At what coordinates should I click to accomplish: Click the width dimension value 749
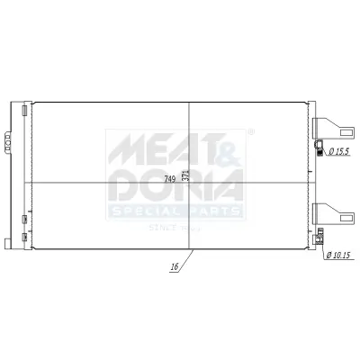tap(170, 177)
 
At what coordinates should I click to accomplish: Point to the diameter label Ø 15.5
tap(338, 153)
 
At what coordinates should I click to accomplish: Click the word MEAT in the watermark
tap(149, 148)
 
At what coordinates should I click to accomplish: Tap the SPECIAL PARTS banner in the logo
tap(175, 211)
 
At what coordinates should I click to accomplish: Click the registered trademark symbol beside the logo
tap(249, 133)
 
